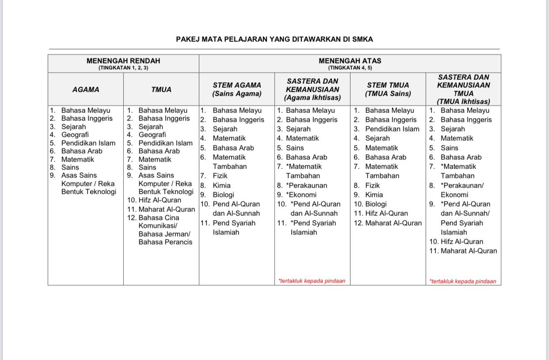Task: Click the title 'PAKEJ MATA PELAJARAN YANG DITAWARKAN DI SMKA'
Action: [x=274, y=39]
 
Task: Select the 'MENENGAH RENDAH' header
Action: [x=123, y=61]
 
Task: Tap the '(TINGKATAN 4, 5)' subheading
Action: [x=350, y=68]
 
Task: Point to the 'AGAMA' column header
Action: [x=86, y=90]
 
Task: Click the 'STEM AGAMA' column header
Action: [x=236, y=85]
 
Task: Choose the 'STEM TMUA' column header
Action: [x=388, y=85]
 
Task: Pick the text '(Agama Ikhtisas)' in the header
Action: [x=313, y=98]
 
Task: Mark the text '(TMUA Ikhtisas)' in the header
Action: [x=463, y=102]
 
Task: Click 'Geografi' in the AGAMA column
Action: [x=75, y=135]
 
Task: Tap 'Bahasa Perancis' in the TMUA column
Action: [x=165, y=242]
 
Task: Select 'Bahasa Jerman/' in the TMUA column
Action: [x=164, y=234]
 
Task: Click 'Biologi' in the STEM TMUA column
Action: [x=376, y=204]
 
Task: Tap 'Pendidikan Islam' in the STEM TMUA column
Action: [x=392, y=129]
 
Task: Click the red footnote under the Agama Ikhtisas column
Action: [x=312, y=281]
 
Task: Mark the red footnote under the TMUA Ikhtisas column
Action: [x=463, y=281]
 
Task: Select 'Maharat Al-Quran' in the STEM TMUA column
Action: [x=393, y=223]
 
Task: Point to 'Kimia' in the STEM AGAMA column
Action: [x=221, y=186]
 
